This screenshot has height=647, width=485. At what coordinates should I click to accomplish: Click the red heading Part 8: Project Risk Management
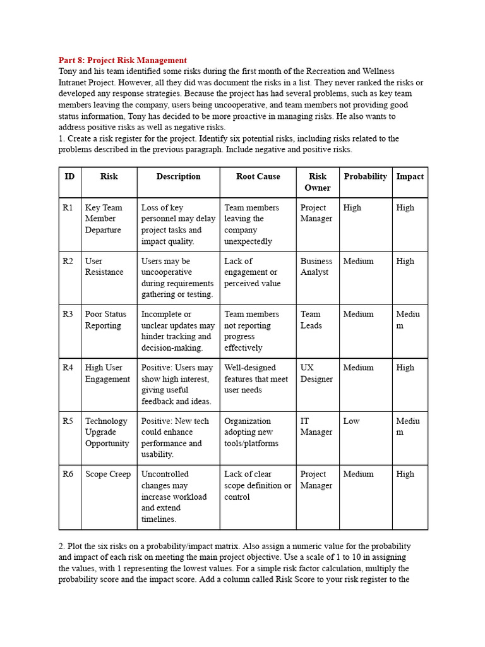point(123,61)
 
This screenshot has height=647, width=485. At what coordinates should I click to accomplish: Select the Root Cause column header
point(258,176)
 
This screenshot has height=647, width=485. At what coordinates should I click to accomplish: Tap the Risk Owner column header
point(318,182)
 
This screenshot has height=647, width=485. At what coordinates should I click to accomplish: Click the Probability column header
point(365,176)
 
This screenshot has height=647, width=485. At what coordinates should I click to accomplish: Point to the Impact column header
point(410,176)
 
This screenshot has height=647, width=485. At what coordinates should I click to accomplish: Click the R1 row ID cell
point(68,208)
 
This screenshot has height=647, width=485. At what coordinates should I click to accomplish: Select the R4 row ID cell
point(68,368)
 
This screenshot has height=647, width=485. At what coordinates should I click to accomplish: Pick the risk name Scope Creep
point(108,475)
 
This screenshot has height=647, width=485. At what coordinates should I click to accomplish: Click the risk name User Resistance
point(104,267)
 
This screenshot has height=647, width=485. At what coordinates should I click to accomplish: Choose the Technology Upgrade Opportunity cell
point(107,432)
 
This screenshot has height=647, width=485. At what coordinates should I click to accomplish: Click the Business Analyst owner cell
point(316,267)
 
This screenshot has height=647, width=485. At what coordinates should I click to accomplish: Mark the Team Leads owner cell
point(311,320)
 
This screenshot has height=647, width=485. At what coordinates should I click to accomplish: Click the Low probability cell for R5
point(352,421)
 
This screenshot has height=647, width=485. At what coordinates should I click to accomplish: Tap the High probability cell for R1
point(352,208)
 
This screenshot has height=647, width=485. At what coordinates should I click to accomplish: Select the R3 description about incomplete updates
point(177,331)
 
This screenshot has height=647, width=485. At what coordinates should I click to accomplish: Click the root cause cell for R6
point(257,486)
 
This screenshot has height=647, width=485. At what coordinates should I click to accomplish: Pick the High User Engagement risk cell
point(108,373)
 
